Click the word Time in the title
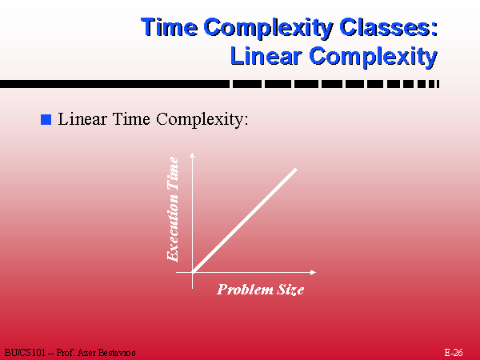click(x=170, y=27)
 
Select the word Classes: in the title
click(x=389, y=27)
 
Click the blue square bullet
click(x=46, y=119)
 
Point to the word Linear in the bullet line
click(x=82, y=118)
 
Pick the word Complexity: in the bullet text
click(x=202, y=119)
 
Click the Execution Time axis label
click(x=172, y=209)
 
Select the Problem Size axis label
click(x=261, y=290)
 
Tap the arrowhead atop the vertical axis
click(x=192, y=155)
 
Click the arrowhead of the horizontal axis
click(x=313, y=272)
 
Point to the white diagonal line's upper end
click(x=296, y=169)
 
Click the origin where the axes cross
click(x=192, y=272)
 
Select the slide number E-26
click(x=454, y=353)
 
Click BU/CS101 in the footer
click(x=25, y=353)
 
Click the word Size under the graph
click(x=290, y=290)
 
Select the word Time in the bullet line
click(x=132, y=118)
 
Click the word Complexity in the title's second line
click(x=373, y=57)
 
